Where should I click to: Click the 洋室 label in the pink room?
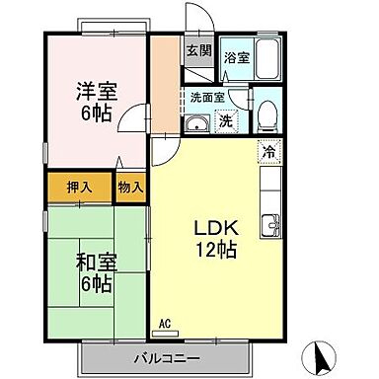coord(98,92)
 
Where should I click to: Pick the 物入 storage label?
coord(130,185)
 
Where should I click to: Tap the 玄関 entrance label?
coord(197,51)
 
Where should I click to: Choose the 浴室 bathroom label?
coord(235,58)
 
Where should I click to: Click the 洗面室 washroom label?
coord(208,98)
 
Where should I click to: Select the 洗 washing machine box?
coord(226,122)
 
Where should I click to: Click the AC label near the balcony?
coord(165,323)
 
